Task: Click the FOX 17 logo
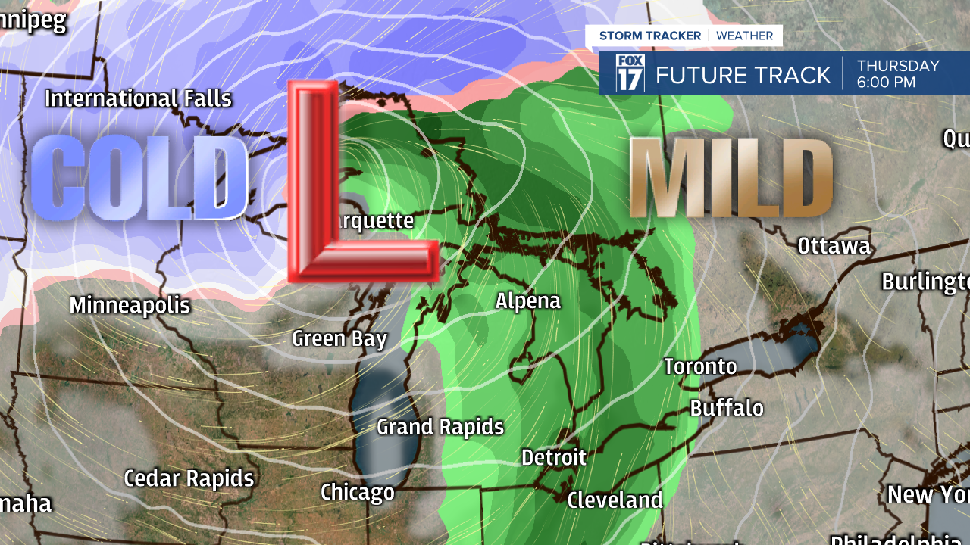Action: click(630, 73)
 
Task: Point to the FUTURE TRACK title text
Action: click(743, 75)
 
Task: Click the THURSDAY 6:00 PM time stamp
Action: click(898, 74)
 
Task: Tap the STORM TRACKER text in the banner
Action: click(651, 36)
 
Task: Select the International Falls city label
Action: click(138, 98)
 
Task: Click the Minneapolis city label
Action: click(130, 306)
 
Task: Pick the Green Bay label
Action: click(339, 338)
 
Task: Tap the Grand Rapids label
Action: click(440, 427)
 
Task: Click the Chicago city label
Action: click(358, 493)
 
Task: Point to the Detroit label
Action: click(554, 457)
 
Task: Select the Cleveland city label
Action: click(615, 500)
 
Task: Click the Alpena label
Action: click(528, 301)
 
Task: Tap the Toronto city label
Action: click(700, 366)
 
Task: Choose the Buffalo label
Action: click(727, 408)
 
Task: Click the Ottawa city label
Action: click(834, 246)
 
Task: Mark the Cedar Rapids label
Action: click(189, 478)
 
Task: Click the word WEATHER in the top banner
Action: click(745, 36)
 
